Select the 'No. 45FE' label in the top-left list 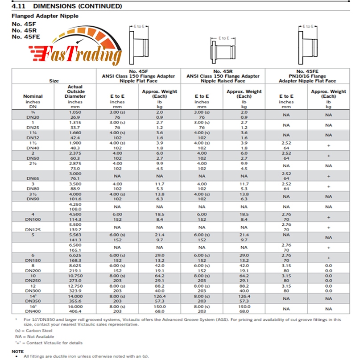coord(26,37)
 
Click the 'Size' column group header coord(54,81)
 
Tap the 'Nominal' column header coord(33,96)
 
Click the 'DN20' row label coord(33,116)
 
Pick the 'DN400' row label coord(33,311)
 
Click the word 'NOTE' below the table coord(18,351)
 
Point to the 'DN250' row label coord(33,281)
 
